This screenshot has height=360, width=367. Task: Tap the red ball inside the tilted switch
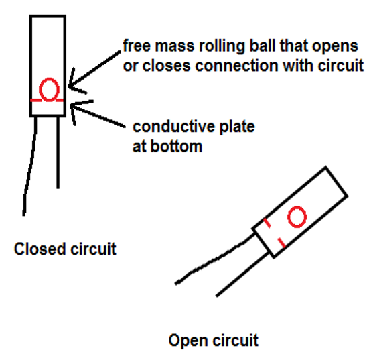[x=297, y=216]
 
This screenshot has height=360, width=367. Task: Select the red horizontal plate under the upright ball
[x=48, y=101]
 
